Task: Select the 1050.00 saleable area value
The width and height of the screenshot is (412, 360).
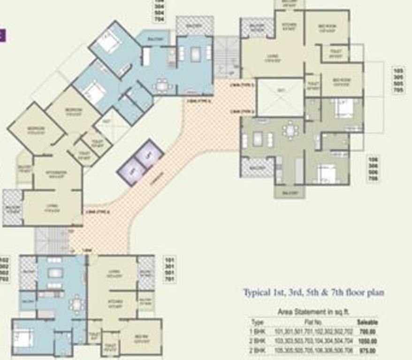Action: click(366, 341)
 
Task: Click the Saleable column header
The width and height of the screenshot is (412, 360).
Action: click(367, 322)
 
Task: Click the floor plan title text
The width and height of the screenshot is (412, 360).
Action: click(313, 293)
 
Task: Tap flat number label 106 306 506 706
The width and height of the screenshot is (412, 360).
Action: click(374, 169)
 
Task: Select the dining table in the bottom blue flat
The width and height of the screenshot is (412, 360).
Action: click(77, 304)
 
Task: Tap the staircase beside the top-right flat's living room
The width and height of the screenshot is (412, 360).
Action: click(227, 57)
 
